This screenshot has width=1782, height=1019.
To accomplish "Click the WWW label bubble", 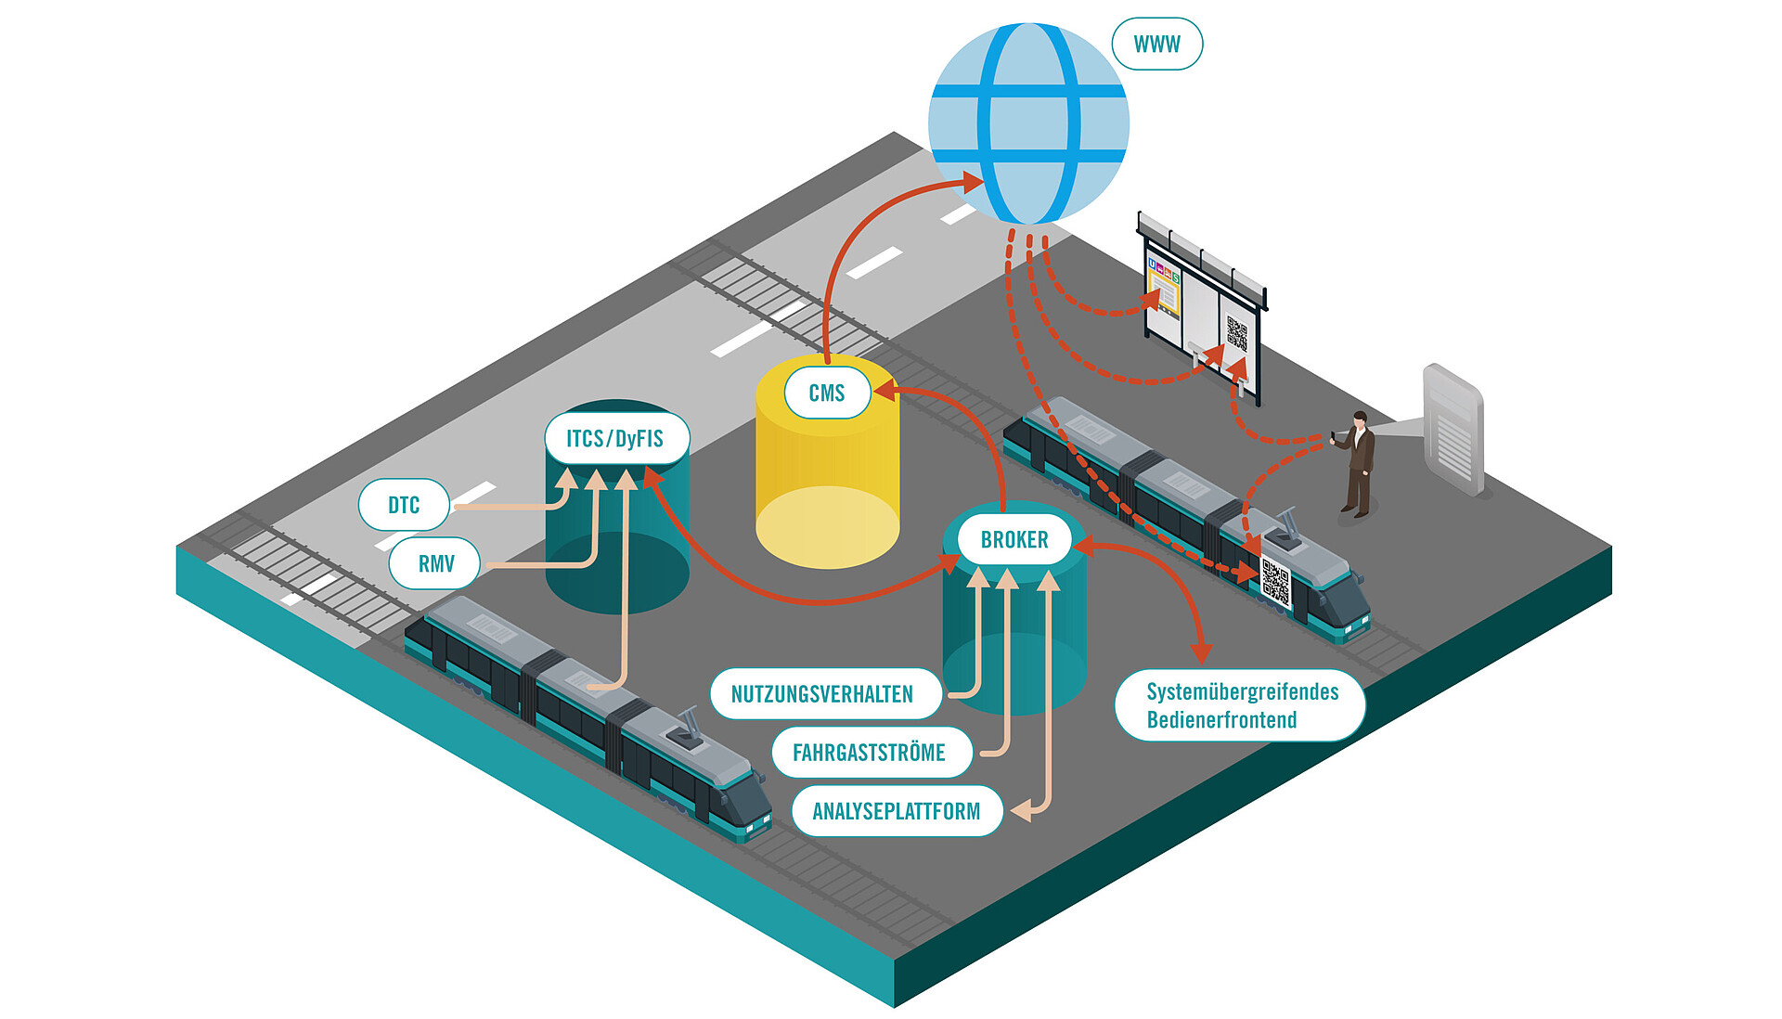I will point(1156,44).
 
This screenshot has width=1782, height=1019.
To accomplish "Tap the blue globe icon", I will point(1028,123).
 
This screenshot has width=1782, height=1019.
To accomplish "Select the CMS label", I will point(826,393).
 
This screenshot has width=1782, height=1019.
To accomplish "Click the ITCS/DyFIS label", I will point(615,438).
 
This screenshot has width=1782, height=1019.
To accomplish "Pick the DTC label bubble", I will point(404,505).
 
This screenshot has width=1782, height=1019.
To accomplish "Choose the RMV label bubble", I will point(435,563).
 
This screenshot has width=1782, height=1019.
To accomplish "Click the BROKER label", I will point(1014,539).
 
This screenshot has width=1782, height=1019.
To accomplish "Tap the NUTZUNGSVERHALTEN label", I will point(822,693).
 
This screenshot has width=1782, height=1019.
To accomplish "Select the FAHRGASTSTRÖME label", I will point(870,752).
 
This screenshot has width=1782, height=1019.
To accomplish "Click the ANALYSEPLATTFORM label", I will point(897,811).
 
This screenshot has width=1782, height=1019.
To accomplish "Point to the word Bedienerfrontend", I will point(1221,720).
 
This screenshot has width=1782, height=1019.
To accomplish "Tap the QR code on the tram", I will point(1276,582).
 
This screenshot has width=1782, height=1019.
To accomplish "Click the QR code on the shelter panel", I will point(1236,332).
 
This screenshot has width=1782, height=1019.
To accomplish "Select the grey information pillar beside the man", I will point(1453,429).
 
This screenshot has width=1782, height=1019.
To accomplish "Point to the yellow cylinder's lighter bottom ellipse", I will point(827,526).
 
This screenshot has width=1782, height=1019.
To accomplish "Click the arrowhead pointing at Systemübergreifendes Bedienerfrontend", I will point(1202,652).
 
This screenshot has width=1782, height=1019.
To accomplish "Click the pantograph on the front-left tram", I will point(689,729).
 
